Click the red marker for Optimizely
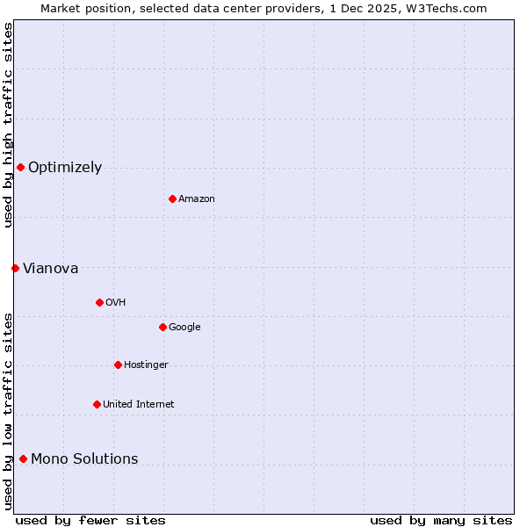click(x=20, y=167)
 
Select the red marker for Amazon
click(x=172, y=199)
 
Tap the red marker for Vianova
click(x=15, y=268)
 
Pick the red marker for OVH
click(x=99, y=302)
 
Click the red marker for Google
click(x=162, y=327)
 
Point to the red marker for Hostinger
click(x=118, y=365)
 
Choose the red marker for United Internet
click(x=97, y=404)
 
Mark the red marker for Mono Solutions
click(x=23, y=458)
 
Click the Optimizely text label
click(x=65, y=168)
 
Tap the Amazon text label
click(x=197, y=199)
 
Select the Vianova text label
click(x=50, y=269)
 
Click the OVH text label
click(x=116, y=303)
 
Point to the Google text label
click(x=184, y=328)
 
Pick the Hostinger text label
click(x=146, y=365)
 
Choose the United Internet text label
click(x=139, y=405)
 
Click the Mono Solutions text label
click(x=84, y=459)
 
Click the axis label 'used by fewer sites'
click(x=90, y=520)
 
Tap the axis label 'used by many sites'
click(x=441, y=520)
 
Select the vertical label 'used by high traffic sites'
click(x=8, y=125)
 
